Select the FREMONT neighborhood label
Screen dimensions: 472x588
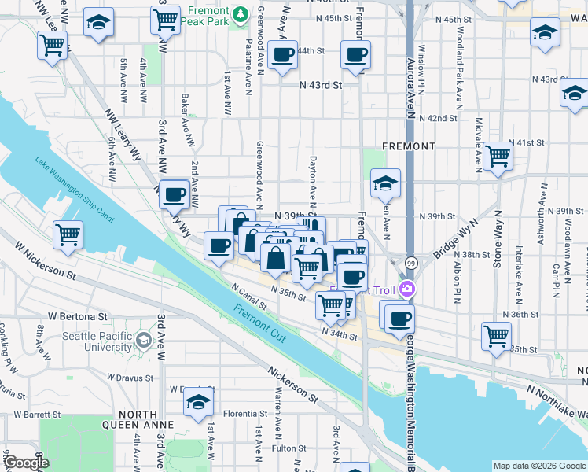click(408, 146)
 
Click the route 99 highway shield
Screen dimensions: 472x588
click(411, 263)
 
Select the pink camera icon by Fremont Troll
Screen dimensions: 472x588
click(407, 289)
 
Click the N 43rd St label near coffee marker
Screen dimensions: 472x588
click(321, 84)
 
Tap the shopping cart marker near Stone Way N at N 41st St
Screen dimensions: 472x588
click(498, 156)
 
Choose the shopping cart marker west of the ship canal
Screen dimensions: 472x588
click(68, 234)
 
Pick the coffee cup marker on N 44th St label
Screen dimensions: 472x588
click(282, 55)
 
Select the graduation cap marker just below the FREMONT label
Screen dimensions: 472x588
click(385, 183)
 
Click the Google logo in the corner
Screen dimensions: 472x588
click(25, 463)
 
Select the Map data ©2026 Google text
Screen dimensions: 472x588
click(539, 466)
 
